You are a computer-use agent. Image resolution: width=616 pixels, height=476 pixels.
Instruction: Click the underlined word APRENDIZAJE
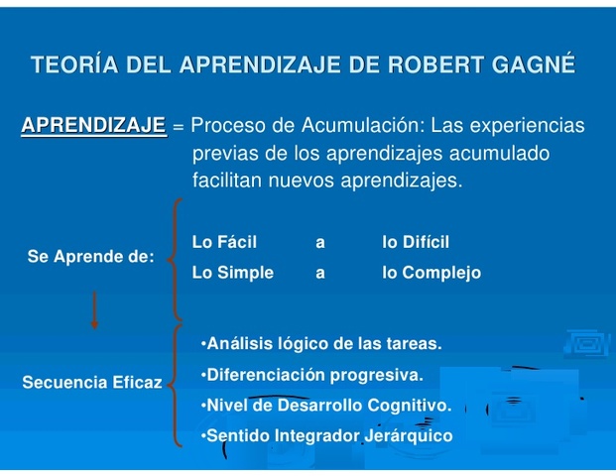coord(93,126)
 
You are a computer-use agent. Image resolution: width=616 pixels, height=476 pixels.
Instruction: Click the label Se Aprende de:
coord(90,257)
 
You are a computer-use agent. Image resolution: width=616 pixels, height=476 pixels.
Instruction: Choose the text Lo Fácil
coord(224,242)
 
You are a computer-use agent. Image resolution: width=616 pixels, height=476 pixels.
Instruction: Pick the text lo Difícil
coord(416,242)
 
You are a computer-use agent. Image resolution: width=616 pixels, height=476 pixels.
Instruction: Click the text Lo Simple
coord(232,273)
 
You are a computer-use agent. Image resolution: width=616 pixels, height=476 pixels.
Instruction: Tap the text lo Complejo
coord(431,273)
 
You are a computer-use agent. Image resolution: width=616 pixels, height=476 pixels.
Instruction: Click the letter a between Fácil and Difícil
coord(320,243)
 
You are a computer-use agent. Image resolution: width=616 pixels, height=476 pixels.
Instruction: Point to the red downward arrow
coord(95,310)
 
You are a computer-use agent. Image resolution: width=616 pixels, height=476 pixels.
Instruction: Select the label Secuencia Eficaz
coord(91,382)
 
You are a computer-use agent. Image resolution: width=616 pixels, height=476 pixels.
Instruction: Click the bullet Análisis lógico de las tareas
coord(320,344)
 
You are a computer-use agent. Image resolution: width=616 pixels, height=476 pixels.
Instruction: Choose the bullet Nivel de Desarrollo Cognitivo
coord(325,406)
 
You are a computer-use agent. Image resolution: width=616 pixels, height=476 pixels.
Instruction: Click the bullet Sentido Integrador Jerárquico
coord(326,436)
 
